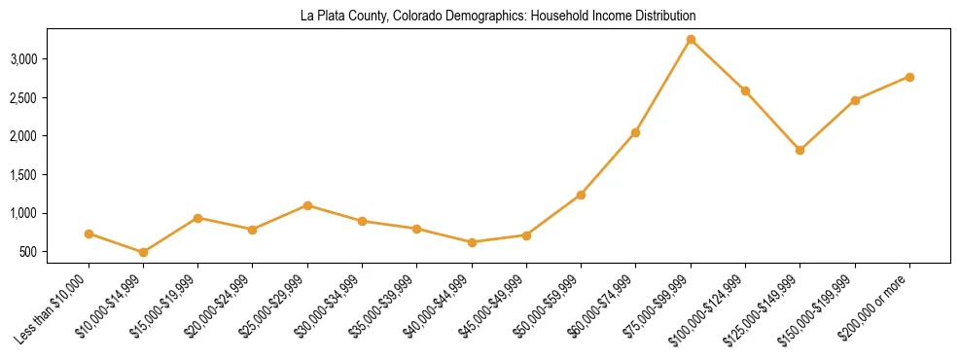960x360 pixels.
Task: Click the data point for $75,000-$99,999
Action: (x=691, y=40)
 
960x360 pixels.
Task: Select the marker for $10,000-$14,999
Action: (x=143, y=252)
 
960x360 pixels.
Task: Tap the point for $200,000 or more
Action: (x=909, y=77)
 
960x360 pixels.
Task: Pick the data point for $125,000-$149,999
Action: (x=800, y=150)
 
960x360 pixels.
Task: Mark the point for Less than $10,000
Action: (x=89, y=234)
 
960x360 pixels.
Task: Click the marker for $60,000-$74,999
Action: (x=635, y=132)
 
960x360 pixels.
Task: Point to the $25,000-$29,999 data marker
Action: (x=307, y=205)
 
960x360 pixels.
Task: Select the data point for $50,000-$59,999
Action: (x=581, y=195)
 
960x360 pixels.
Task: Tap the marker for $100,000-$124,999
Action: (x=745, y=90)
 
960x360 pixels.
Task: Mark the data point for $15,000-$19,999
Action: (x=197, y=218)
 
